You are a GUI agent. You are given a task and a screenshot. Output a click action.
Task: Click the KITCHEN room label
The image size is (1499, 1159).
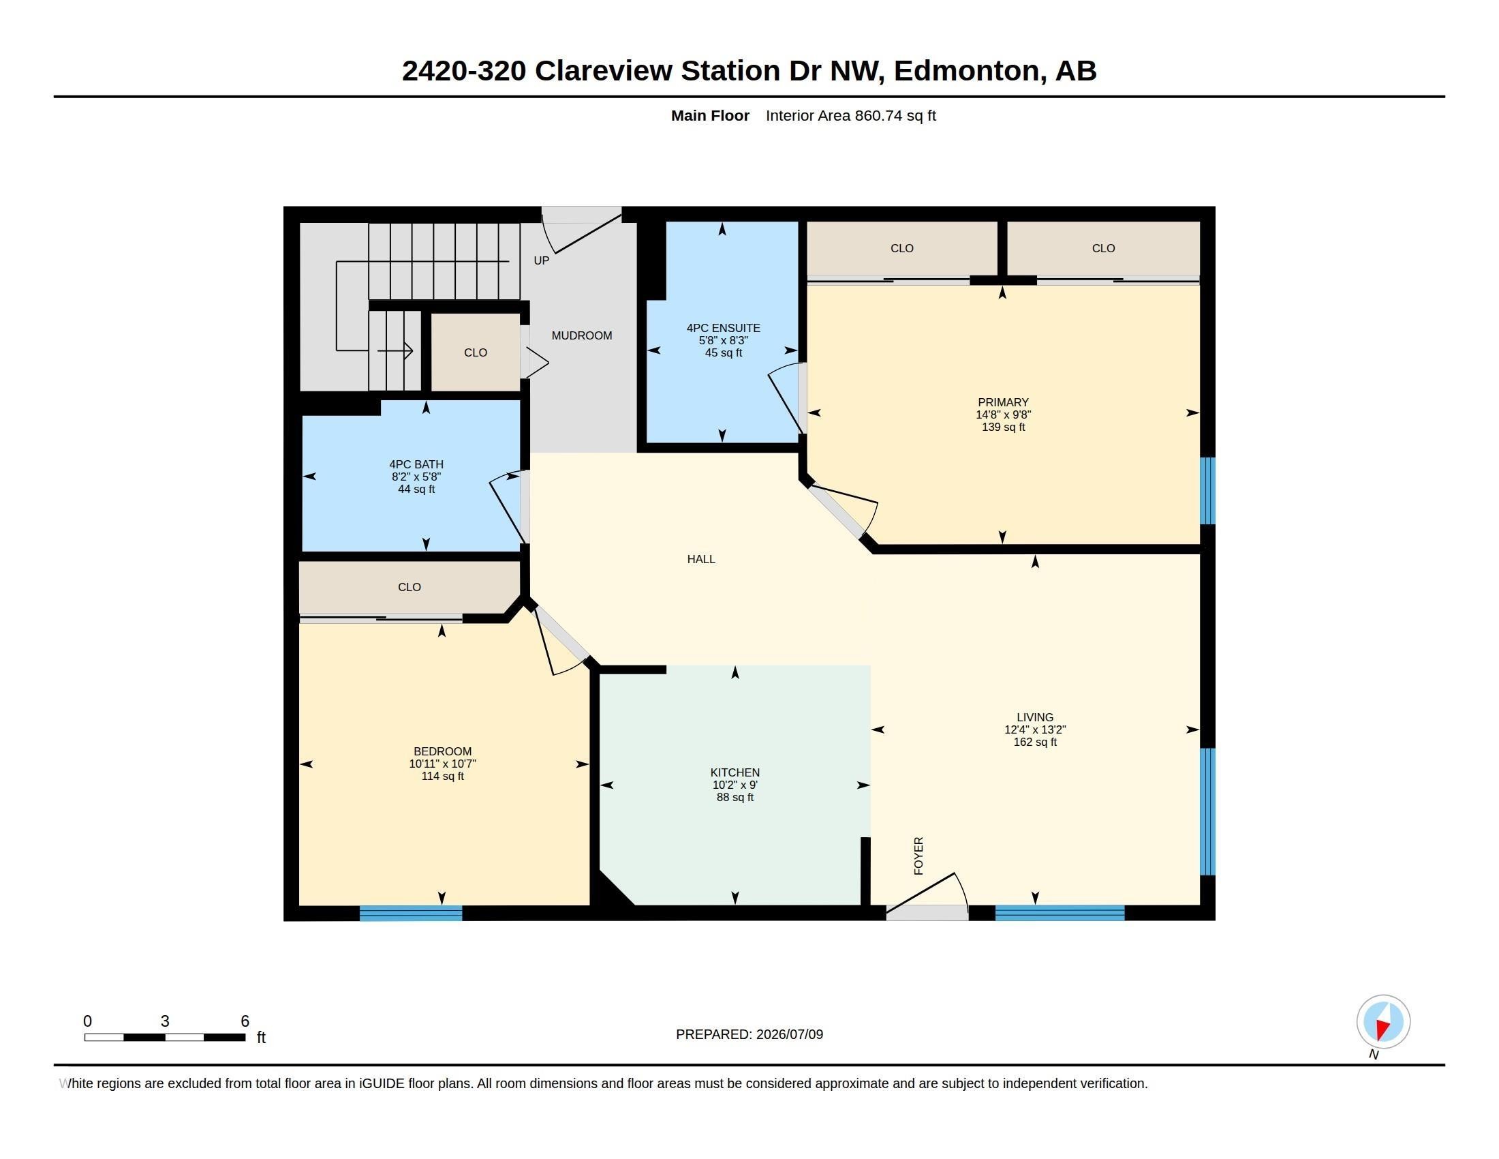tap(735, 772)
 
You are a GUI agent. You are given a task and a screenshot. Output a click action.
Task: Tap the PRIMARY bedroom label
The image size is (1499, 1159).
tap(1003, 402)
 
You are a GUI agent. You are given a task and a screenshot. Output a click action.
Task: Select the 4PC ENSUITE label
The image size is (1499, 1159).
tap(724, 328)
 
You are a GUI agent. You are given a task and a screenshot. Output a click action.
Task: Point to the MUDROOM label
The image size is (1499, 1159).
tap(582, 335)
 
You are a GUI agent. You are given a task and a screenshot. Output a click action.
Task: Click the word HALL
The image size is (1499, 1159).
tap(700, 560)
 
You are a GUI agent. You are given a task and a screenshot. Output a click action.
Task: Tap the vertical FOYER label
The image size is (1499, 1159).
tap(919, 856)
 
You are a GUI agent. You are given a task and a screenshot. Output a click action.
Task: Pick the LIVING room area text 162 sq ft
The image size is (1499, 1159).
tap(1035, 742)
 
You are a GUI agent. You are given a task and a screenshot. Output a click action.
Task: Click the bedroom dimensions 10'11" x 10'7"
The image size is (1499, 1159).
tap(443, 764)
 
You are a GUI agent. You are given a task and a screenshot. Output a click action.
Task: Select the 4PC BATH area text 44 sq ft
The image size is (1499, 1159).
tap(416, 490)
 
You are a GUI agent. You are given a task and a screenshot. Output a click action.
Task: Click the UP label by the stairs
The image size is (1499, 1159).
tap(542, 261)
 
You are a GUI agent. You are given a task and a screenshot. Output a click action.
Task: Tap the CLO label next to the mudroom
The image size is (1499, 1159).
tap(476, 353)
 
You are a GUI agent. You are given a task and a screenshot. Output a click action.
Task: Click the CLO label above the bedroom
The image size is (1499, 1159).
tap(409, 587)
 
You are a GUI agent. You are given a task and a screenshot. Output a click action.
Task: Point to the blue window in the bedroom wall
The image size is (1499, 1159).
tap(411, 913)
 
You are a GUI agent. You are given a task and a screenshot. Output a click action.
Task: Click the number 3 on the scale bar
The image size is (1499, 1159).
tap(165, 1021)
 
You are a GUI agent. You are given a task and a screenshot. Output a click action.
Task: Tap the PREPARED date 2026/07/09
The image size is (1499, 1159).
tap(789, 1034)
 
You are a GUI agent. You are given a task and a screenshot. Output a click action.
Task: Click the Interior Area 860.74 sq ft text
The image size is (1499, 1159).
tap(851, 116)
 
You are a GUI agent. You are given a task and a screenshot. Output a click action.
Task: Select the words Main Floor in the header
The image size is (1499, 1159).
tap(711, 115)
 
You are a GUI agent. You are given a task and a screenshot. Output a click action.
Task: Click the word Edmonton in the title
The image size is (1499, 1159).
tap(969, 72)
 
